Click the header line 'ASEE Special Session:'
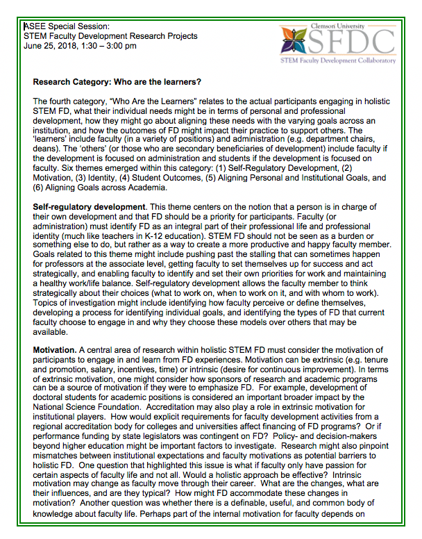coord(67,26)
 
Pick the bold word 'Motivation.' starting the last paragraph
coord(55,347)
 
